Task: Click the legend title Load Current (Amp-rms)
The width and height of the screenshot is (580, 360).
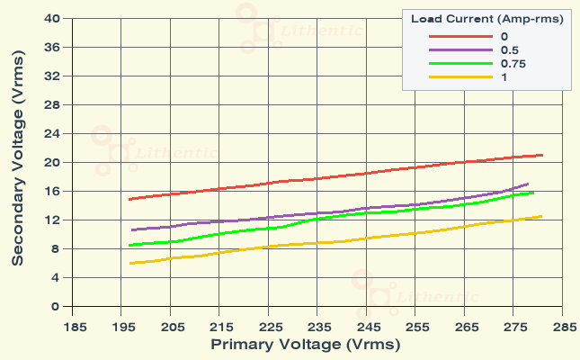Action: tap(487, 20)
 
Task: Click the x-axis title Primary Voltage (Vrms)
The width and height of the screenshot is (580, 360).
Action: tap(305, 344)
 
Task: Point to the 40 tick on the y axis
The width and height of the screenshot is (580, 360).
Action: tap(52, 18)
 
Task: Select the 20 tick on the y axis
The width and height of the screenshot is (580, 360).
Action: tap(52, 162)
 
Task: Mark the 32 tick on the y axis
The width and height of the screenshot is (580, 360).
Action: tap(52, 76)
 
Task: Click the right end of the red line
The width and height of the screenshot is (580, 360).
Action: tap(541, 155)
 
